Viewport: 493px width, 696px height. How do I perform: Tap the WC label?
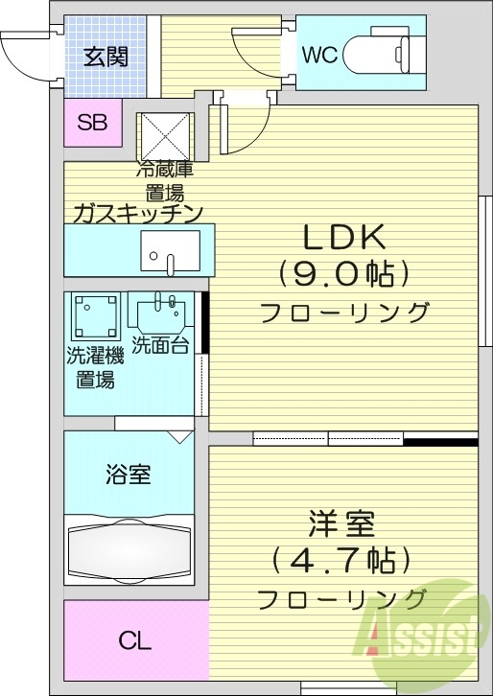pyautogui.click(x=320, y=56)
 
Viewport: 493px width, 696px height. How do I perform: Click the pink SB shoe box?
pyautogui.click(x=93, y=123)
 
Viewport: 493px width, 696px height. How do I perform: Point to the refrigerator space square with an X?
pyautogui.click(x=165, y=135)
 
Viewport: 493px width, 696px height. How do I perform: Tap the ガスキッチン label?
pyautogui.click(x=136, y=213)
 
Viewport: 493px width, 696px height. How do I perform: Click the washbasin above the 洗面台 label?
pyautogui.click(x=160, y=313)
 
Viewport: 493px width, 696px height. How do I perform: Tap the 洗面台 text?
pyautogui.click(x=160, y=346)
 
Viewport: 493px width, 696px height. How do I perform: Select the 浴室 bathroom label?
pyautogui.click(x=128, y=474)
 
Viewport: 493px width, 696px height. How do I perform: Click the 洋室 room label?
pyautogui.click(x=341, y=524)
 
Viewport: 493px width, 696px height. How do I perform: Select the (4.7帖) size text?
pyautogui.click(x=341, y=560)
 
